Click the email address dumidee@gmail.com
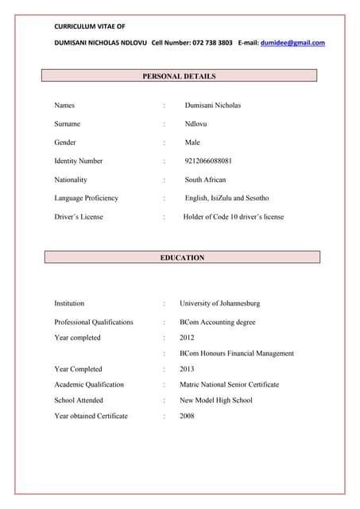pos(292,43)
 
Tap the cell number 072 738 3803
pos(212,43)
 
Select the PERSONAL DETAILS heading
pos(179,76)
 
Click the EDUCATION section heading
pos(182,258)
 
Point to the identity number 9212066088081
pos(208,161)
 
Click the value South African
pos(205,180)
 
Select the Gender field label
pos(65,142)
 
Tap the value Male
pos(192,142)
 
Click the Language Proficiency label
pos(86,198)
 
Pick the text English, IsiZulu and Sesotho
pos(226,198)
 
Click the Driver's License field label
pos(79,216)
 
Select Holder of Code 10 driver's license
pos(233,216)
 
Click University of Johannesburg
pos(219,303)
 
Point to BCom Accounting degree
pos(217,322)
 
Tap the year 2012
pos(187,338)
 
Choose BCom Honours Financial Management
pos(237,353)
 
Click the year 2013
pos(187,369)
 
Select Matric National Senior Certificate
pos(229,384)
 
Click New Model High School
pos(215,400)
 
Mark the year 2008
pos(187,416)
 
